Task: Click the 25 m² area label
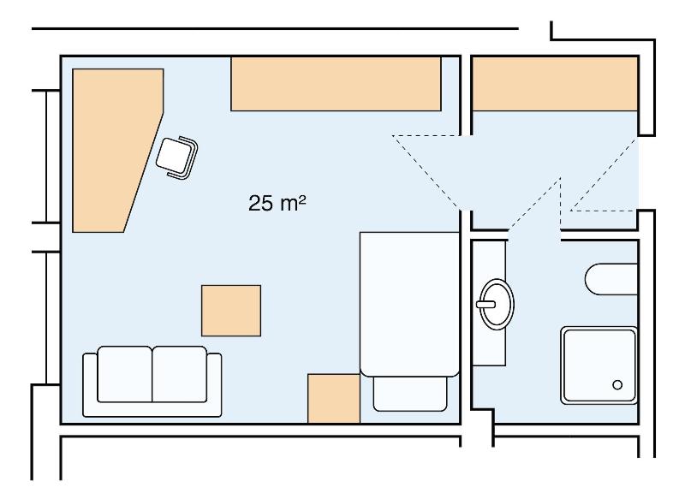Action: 277,203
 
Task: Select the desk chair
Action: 177,157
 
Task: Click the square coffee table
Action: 231,311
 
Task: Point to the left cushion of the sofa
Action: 124,374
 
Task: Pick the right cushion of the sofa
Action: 180,374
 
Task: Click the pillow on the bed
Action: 410,394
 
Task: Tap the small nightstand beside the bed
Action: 334,398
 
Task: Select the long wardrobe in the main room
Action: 336,84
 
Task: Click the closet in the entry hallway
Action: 555,84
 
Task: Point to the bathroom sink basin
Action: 497,304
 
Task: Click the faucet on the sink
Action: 485,305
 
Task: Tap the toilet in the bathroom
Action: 611,279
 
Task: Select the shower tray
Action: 599,365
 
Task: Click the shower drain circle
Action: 617,384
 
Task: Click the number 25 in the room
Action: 261,204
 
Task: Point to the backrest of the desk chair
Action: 188,158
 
